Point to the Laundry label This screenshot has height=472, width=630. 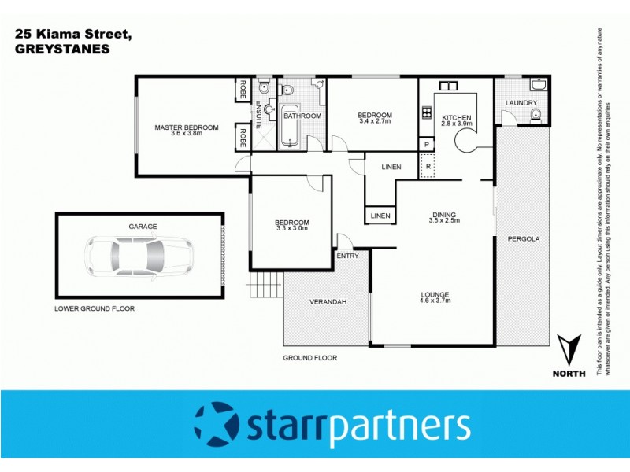tap(522, 103)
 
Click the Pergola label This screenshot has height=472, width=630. tap(522, 238)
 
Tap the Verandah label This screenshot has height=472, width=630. tap(328, 302)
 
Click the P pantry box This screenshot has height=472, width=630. tap(427, 146)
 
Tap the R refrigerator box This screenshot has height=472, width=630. tap(428, 166)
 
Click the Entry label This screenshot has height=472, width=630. tap(347, 256)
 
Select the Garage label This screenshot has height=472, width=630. tap(143, 227)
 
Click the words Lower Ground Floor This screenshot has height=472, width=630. tap(94, 309)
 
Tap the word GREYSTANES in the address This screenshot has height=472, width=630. tap(62, 48)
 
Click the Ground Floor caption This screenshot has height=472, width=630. tap(309, 358)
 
